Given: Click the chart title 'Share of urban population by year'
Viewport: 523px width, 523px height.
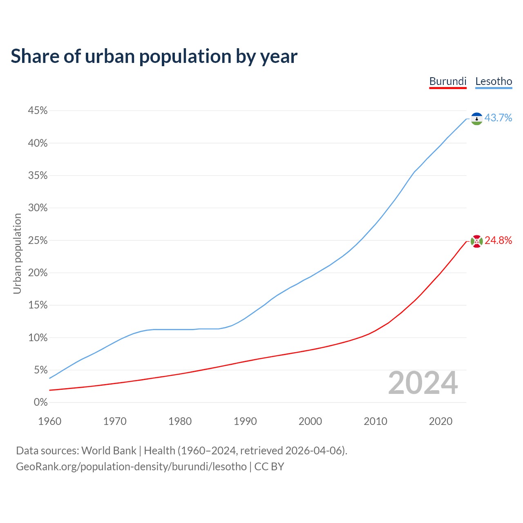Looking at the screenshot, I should pyautogui.click(x=154, y=56).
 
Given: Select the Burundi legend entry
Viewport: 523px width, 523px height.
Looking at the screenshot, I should pyautogui.click(x=448, y=81).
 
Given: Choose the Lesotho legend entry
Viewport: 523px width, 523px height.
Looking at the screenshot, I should pyautogui.click(x=494, y=81).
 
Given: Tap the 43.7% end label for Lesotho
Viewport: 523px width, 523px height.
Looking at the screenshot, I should pyautogui.click(x=498, y=118).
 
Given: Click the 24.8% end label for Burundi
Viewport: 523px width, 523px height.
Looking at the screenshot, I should pyautogui.click(x=498, y=241).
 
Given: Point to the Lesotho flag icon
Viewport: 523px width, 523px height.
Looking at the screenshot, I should pyautogui.click(x=476, y=118).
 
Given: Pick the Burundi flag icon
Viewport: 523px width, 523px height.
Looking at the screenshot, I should pyautogui.click(x=476, y=241).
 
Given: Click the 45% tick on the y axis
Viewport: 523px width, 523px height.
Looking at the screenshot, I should pyautogui.click(x=38, y=111).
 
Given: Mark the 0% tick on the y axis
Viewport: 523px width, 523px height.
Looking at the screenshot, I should pyautogui.click(x=40, y=402).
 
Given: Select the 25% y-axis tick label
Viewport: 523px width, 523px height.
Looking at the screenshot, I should pyautogui.click(x=38, y=241).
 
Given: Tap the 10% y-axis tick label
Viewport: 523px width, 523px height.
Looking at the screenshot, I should pyautogui.click(x=38, y=338).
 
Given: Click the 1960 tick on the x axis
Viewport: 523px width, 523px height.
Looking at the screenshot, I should pyautogui.click(x=49, y=421).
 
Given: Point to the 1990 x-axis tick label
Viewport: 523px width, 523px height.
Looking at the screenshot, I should pyautogui.click(x=245, y=421).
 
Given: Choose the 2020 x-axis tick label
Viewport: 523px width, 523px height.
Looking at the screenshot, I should pyautogui.click(x=440, y=421).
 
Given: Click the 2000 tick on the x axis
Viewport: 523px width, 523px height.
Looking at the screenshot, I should pyautogui.click(x=310, y=421).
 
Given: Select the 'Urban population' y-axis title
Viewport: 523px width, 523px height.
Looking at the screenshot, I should pyautogui.click(x=17, y=253).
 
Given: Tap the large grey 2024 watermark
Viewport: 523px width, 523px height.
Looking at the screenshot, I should pyautogui.click(x=423, y=383).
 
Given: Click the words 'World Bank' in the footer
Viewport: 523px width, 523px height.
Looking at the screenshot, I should pyautogui.click(x=109, y=451).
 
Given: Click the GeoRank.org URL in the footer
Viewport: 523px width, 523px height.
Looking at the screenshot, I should pyautogui.click(x=131, y=467).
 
